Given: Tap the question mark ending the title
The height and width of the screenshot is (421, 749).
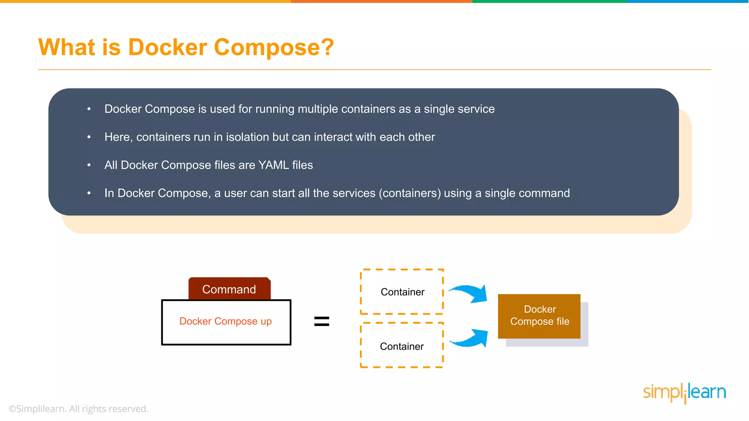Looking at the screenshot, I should pos(326,48).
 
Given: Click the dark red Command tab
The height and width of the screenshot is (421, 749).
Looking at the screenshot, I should pos(229,289).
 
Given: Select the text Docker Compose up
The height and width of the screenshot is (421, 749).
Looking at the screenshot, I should pos(225,321).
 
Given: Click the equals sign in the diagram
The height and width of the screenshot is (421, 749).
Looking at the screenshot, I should pos(321,321).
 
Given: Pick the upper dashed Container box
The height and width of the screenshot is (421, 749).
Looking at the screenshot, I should pos(402,292).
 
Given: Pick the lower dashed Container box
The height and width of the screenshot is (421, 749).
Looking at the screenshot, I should pos(402,346).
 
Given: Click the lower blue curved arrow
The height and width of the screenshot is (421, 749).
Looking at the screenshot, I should pos(471,338).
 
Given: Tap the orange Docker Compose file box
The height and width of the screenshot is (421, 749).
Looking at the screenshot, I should pos(539,316).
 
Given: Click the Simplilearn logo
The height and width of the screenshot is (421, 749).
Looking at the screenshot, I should pos(684,392).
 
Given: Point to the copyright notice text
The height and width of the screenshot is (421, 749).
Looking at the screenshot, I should pos(79,409).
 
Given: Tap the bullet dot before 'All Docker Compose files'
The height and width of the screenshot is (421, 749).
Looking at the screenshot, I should pos(89,165).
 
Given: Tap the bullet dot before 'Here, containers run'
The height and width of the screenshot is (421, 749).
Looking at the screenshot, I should pos(89,137).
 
